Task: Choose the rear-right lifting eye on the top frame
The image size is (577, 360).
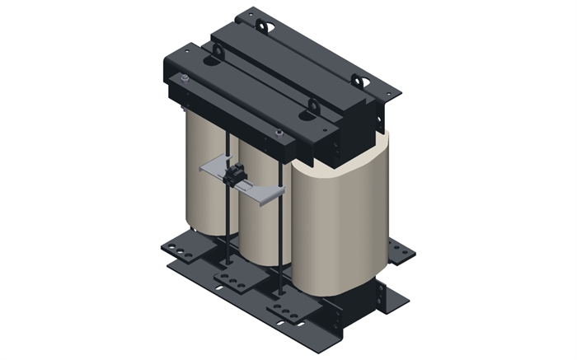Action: (359, 79)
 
